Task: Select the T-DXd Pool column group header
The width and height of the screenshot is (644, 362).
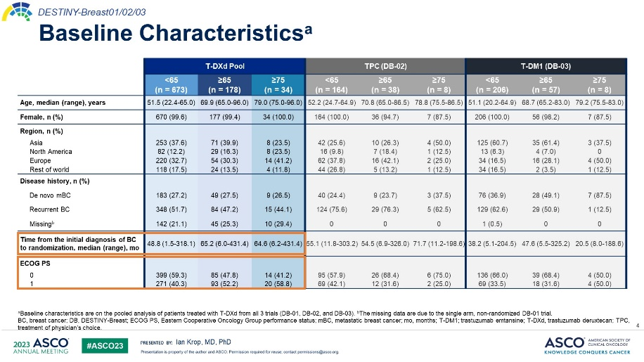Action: tap(224, 65)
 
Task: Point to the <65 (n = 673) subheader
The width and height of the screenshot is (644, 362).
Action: tap(171, 84)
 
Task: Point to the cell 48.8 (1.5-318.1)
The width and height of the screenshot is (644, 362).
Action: tap(171, 244)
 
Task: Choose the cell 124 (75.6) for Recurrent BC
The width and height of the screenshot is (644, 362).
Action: tap(331, 210)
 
